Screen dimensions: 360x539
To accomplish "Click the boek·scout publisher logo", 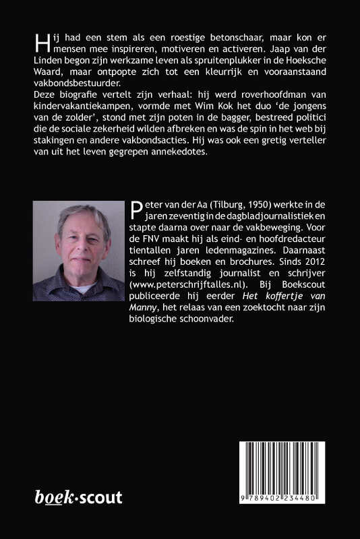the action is coord(78,498).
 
